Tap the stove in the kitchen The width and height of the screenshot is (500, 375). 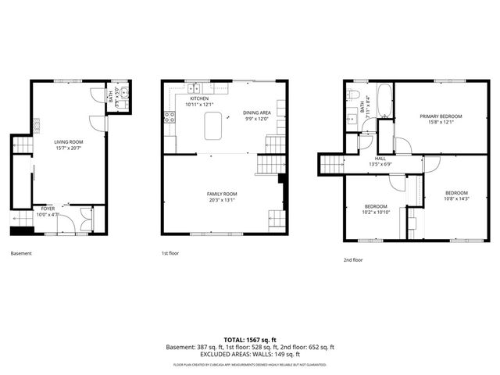coord(168,119)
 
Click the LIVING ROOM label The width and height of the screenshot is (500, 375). coord(69,142)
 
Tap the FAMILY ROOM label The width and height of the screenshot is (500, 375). coord(223,194)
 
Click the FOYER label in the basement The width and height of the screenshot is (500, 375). coord(48,209)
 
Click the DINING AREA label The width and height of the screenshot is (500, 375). coord(256,112)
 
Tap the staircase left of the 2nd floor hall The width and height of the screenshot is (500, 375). coord(333,163)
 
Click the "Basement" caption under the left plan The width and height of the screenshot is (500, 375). coord(22,253)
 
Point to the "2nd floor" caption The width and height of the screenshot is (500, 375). coord(352,259)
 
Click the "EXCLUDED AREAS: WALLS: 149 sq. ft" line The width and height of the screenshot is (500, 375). coord(249,355)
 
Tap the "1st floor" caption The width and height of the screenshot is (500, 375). coord(170,253)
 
